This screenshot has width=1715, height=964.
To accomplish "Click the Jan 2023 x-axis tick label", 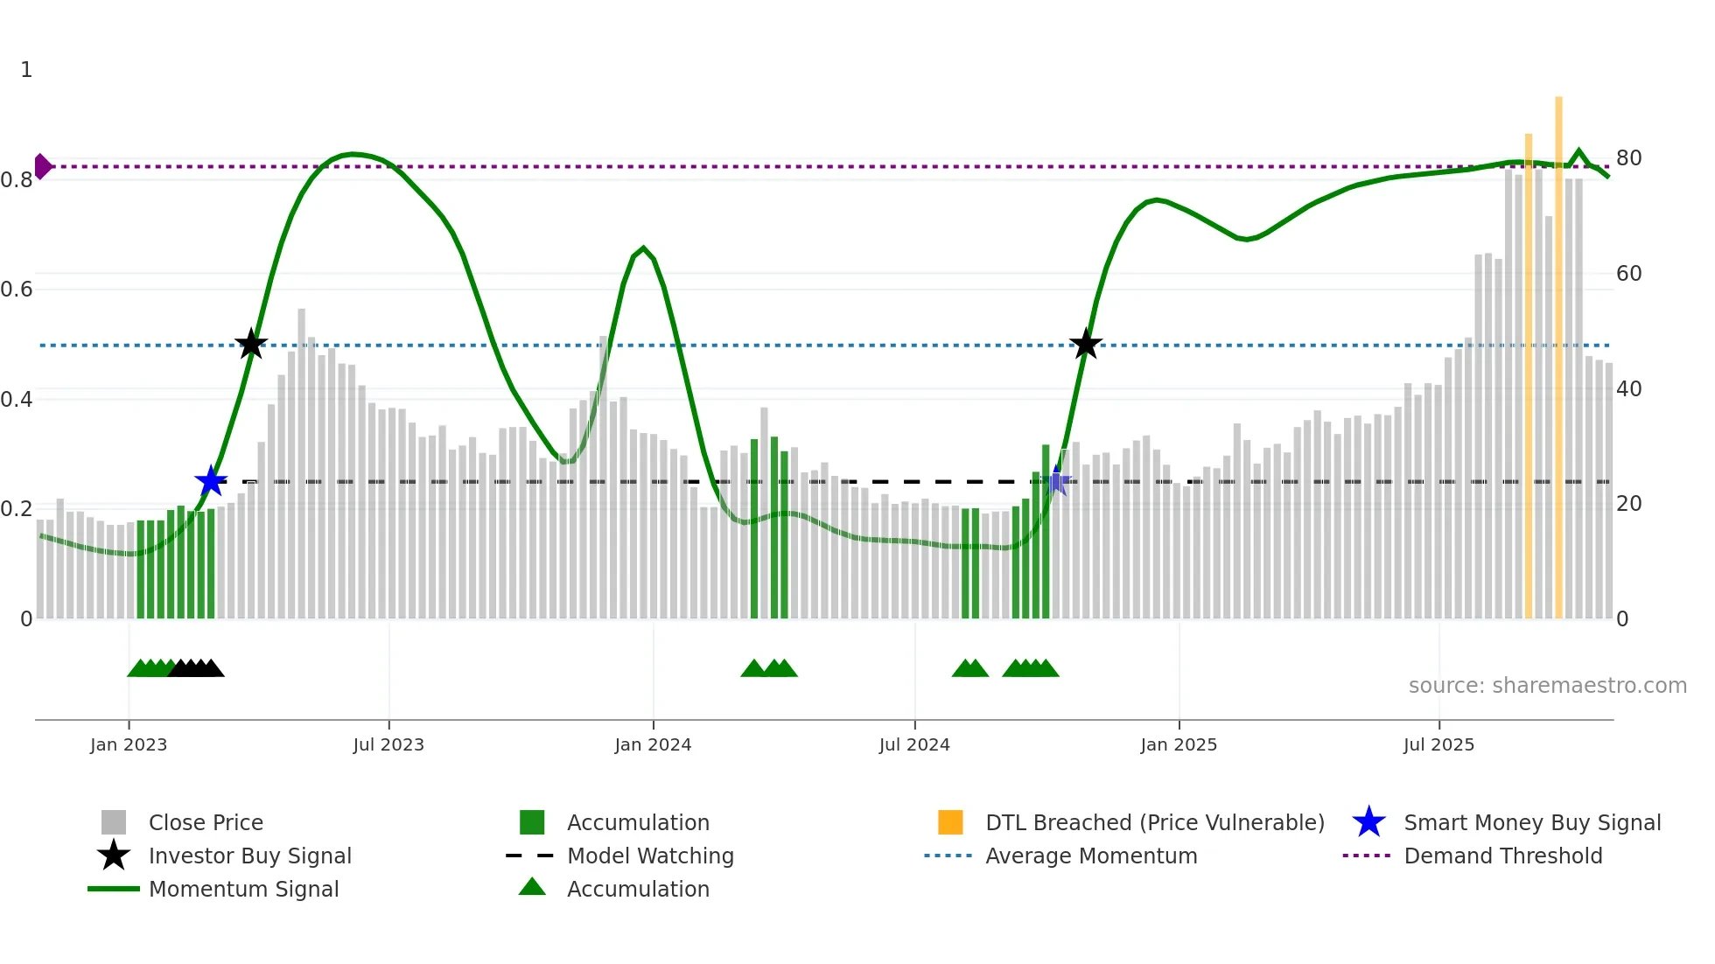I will click(x=129, y=744).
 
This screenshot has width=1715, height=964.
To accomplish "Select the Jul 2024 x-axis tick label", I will click(x=914, y=744).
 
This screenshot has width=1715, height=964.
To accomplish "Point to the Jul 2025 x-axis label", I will click(x=1438, y=744).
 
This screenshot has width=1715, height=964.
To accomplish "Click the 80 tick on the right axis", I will click(x=1628, y=158).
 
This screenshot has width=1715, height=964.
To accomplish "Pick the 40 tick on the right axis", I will click(x=1628, y=389).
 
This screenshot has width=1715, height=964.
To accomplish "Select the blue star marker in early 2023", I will click(x=211, y=481).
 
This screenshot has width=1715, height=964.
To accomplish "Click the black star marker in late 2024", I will click(x=1086, y=345).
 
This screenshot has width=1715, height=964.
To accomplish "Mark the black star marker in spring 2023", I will click(x=251, y=344).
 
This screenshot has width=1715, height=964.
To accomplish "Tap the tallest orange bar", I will click(x=1558, y=350).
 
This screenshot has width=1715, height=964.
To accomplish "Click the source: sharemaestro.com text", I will click(x=1547, y=686).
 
